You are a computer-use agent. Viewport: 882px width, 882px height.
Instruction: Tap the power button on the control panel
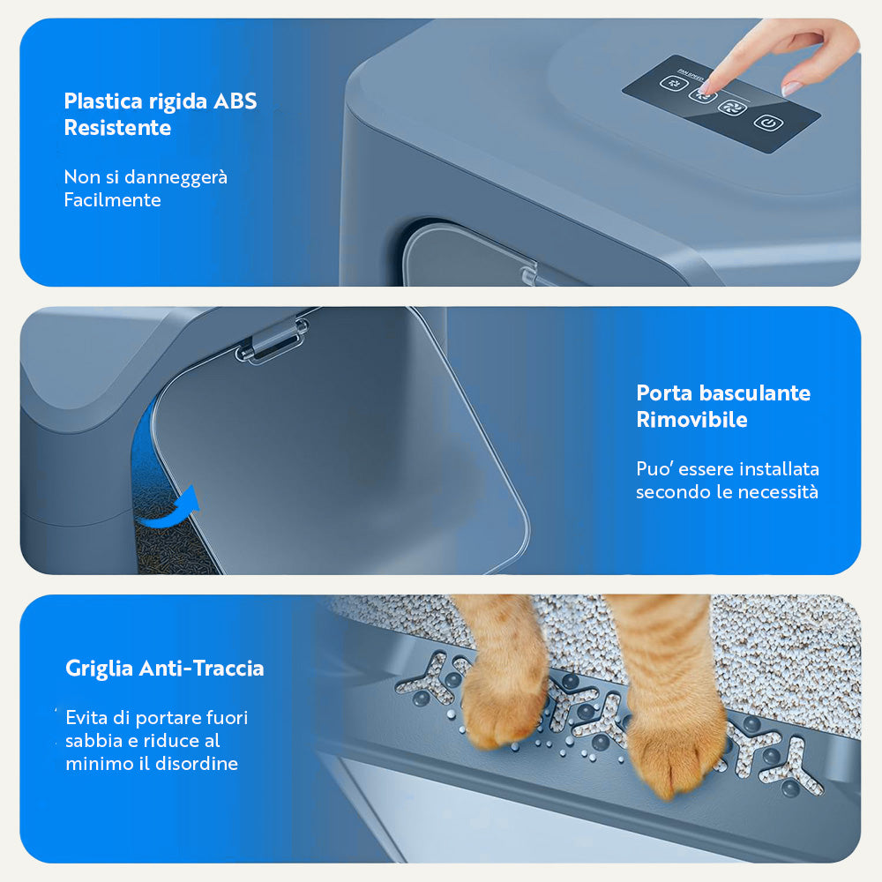pyautogui.click(x=768, y=123)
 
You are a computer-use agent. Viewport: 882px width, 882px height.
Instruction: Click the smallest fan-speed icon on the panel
pyautogui.click(x=674, y=83)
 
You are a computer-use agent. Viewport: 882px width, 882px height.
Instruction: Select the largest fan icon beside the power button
pyautogui.click(x=732, y=107)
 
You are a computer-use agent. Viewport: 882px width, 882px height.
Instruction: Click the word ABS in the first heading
pyautogui.click(x=235, y=101)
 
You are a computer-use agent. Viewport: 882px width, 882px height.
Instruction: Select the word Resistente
pyautogui.click(x=117, y=128)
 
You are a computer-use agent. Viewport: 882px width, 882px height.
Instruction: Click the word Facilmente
pyautogui.click(x=113, y=199)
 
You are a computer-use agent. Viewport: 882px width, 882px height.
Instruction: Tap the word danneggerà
pyautogui.click(x=176, y=178)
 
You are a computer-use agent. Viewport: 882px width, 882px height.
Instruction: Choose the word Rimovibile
pyautogui.click(x=691, y=420)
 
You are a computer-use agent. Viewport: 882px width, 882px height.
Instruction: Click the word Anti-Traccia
pyautogui.click(x=201, y=669)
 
